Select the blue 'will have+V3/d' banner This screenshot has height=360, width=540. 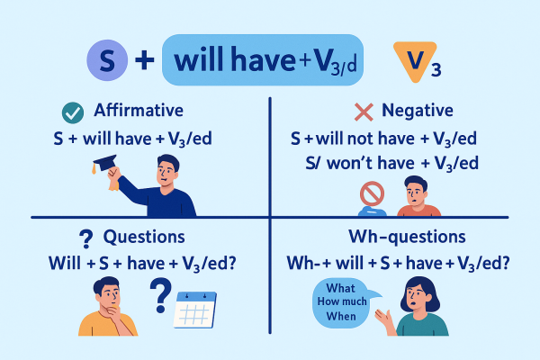coord(262,60)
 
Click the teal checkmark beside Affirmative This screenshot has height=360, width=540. coord(70,112)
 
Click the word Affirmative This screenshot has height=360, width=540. coord(139,112)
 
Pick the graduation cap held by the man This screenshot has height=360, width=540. coord(104,163)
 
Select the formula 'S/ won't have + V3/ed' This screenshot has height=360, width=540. coord(391,163)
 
